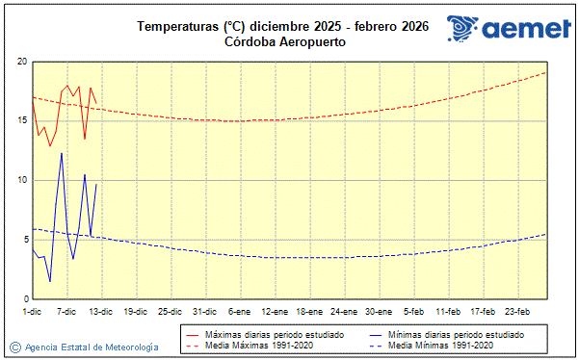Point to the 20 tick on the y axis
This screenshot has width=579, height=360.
coord(20,62)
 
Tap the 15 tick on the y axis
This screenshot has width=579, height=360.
coord(20,121)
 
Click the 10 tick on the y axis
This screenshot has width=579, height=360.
coord(20,181)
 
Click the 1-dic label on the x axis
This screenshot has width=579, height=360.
coord(32,311)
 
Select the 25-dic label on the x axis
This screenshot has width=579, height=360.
coord(171,311)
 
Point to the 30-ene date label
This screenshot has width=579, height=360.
coord(379,311)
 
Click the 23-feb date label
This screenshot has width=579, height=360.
coord(517,311)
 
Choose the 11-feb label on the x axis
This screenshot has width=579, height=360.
coord(448,311)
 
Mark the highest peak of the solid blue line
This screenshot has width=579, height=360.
coord(62,153)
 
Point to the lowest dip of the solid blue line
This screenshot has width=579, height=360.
coord(50,281)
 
